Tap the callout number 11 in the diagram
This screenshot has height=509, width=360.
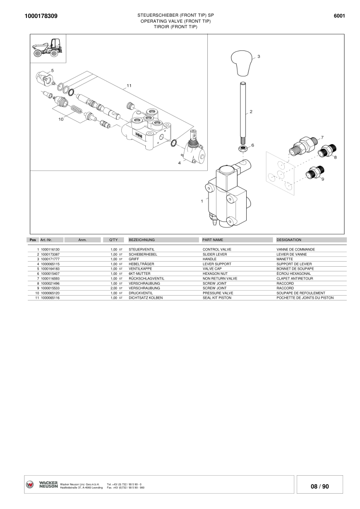pyautogui.click(x=129, y=85)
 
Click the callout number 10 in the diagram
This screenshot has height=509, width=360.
pyautogui.click(x=61, y=120)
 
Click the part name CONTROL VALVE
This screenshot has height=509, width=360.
pyautogui.click(x=217, y=249)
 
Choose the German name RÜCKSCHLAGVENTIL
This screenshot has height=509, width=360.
pyautogui.click(x=146, y=278)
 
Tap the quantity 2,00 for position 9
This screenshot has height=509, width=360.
pyautogui.click(x=114, y=288)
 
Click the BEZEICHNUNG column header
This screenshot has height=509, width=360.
pyautogui.click(x=142, y=240)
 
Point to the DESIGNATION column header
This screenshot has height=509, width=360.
pyautogui.click(x=289, y=240)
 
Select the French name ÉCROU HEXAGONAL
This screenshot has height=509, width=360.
pyautogui.click(x=294, y=274)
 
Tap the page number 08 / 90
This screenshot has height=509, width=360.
pyautogui.click(x=320, y=486)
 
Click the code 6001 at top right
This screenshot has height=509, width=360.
pyautogui.click(x=339, y=16)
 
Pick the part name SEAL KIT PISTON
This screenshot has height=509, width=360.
pyautogui.click(x=217, y=298)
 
